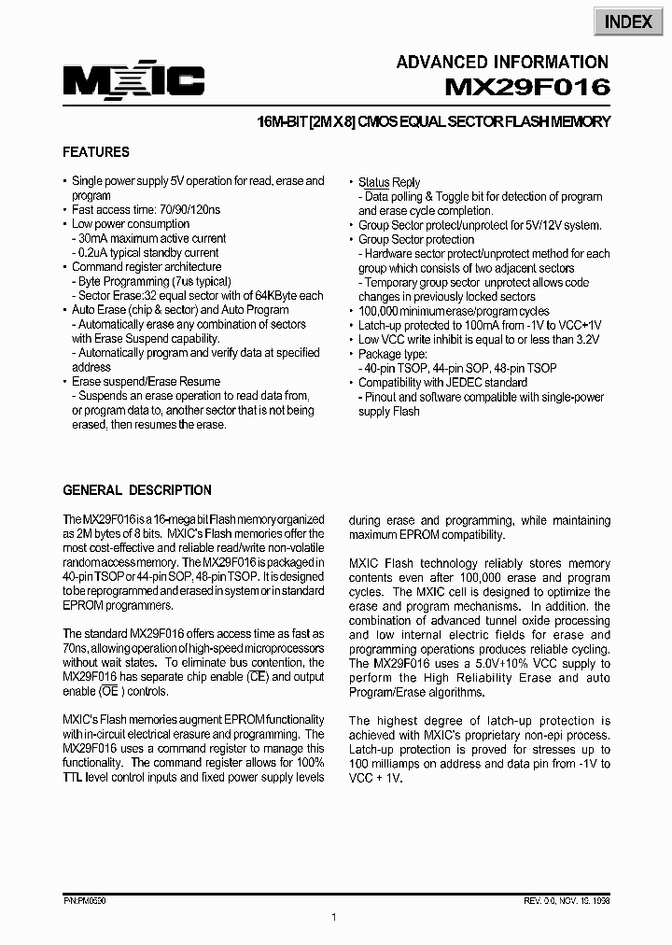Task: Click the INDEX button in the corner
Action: tap(627, 21)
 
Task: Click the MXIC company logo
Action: tap(133, 84)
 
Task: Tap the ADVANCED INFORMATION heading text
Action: tap(502, 63)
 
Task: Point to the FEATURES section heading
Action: tap(96, 152)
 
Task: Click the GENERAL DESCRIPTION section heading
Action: tap(137, 490)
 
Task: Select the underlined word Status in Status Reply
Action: tap(373, 183)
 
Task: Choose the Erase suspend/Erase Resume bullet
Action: tap(146, 382)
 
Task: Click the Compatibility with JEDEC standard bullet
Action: tap(442, 383)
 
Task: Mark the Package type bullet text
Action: tap(393, 354)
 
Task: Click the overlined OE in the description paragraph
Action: tap(110, 692)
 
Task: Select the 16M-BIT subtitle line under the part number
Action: tap(434, 121)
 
